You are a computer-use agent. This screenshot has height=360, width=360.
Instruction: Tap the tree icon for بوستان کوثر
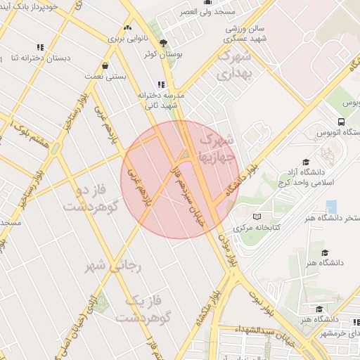tap(164, 43)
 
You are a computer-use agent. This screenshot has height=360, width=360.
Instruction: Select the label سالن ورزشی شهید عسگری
tap(245, 34)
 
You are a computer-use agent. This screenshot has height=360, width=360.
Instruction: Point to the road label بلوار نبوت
tap(261, 301)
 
